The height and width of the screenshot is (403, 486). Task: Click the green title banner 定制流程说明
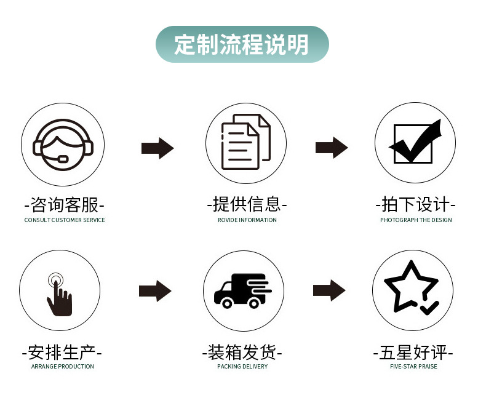(242, 44)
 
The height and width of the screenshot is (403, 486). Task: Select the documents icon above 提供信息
(245, 143)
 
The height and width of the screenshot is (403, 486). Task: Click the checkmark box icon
(415, 143)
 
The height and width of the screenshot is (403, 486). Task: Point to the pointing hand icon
(59, 291)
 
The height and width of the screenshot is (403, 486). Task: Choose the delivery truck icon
(242, 290)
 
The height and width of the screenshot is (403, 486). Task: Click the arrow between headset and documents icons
(157, 148)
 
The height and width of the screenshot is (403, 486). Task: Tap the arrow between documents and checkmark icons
(332, 148)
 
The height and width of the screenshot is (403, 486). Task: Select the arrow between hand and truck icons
(155, 291)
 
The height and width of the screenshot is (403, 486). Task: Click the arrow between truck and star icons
(329, 290)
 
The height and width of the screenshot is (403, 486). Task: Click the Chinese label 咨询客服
(64, 204)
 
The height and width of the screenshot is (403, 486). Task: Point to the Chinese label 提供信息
(247, 204)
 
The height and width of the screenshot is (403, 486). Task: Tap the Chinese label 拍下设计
(416, 204)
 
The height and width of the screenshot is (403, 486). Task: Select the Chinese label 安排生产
(62, 353)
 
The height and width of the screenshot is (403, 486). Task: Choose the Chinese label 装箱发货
(242, 353)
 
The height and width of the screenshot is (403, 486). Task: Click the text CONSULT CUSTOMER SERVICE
(65, 220)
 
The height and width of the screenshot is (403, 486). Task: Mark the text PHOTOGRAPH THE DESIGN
(416, 220)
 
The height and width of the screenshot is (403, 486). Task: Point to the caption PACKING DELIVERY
(242, 367)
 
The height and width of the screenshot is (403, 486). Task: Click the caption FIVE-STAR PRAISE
(413, 367)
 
